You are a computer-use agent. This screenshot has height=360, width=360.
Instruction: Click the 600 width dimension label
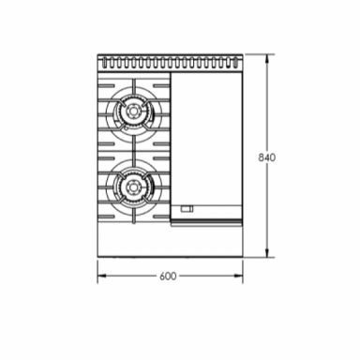(168, 276)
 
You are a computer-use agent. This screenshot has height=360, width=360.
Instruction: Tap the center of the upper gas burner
(132, 113)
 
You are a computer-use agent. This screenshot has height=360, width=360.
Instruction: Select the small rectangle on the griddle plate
(187, 208)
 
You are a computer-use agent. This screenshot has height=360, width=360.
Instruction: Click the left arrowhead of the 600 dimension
(101, 276)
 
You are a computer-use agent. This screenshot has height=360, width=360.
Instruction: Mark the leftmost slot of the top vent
(104, 63)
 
